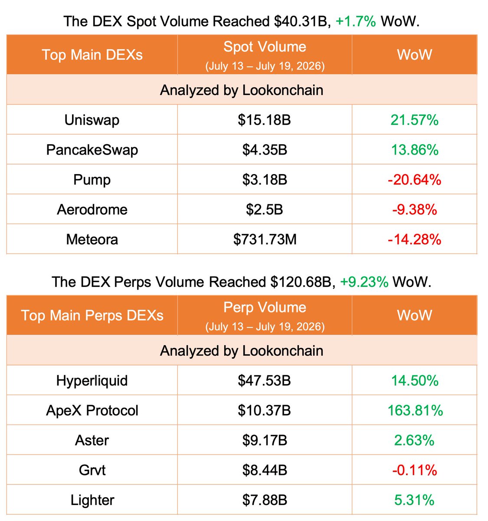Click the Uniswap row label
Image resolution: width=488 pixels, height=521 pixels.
coord(92,120)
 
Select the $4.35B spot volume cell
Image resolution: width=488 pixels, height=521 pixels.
coord(265,150)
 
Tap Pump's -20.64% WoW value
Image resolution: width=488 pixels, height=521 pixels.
coord(414,180)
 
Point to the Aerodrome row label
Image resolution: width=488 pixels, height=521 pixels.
coord(92,210)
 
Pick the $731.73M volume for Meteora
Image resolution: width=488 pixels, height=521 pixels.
coord(265,239)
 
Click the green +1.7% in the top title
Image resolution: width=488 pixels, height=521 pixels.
coord(356,21)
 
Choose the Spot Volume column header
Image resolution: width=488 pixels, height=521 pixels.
coord(265,47)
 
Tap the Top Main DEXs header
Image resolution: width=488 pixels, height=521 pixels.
coord(92,55)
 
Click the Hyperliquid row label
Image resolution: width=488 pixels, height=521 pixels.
coord(92,381)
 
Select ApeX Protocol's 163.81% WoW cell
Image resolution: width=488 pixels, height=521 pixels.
coord(415,410)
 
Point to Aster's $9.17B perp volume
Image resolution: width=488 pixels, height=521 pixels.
coord(265,440)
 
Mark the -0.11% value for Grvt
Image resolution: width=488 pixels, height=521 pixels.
coord(415,470)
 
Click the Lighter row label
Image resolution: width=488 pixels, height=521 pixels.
coord(92,500)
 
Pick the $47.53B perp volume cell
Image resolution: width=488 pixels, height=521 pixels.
coord(264,381)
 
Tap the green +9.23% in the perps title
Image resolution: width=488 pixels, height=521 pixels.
coord(364,282)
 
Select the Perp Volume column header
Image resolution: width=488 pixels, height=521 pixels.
coord(265,307)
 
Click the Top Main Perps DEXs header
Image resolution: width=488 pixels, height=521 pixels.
coord(92,315)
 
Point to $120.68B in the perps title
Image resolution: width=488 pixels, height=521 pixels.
coord(301,282)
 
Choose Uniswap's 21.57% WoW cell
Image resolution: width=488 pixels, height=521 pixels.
coord(414,120)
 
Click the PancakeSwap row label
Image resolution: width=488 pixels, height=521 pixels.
coord(92,150)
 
